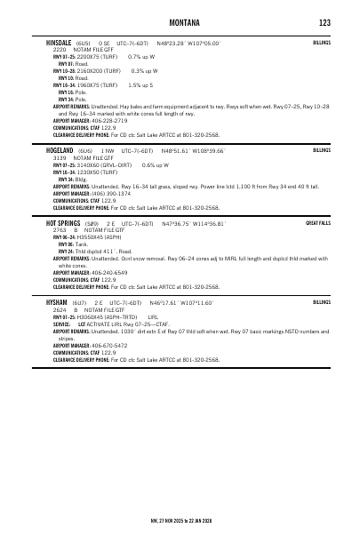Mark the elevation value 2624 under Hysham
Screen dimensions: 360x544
click(60, 309)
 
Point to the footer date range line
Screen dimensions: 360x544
click(180, 517)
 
